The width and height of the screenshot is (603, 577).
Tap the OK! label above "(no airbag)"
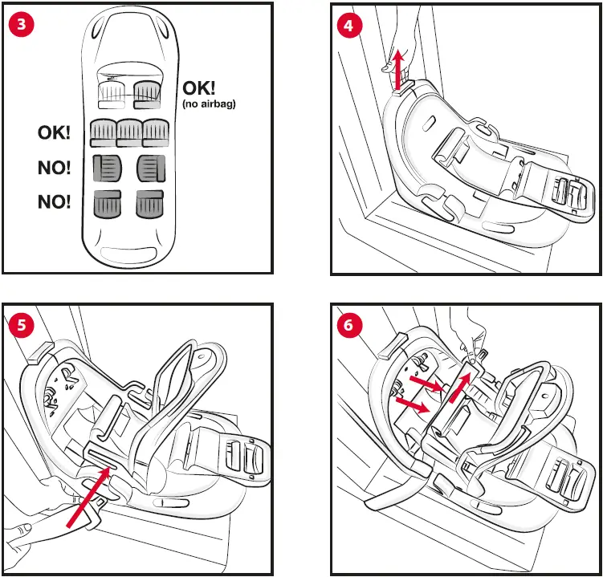205,87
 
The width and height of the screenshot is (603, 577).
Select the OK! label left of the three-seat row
54,133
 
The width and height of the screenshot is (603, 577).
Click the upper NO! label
54,168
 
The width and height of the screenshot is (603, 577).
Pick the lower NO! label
54,202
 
